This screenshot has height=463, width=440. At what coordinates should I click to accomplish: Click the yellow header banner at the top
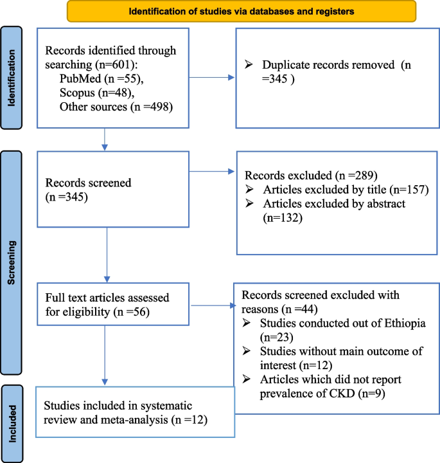tap(241, 11)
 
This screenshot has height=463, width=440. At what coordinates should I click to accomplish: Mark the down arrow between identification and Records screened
tap(104, 140)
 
